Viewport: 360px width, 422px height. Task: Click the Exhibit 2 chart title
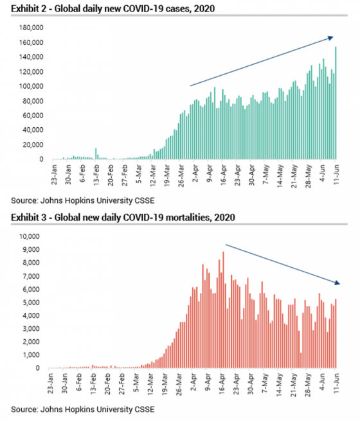point(113,8)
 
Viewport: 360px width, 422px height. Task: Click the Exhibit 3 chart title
point(123,218)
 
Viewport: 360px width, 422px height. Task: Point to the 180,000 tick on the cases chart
point(31,28)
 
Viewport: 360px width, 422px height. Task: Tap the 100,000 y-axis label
point(31,87)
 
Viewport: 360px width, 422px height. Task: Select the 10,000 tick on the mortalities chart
point(29,236)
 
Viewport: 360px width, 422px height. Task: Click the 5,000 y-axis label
point(31,303)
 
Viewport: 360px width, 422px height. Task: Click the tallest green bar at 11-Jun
point(336,103)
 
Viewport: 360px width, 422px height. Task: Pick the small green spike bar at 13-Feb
point(96,154)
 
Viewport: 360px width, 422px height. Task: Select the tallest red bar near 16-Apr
point(223,310)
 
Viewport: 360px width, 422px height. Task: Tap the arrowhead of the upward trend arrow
point(331,38)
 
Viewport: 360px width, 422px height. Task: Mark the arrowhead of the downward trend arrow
point(337,283)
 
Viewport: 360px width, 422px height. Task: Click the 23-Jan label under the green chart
point(54,175)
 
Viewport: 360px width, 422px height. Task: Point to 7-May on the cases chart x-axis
point(266,175)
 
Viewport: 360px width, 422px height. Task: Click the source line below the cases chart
point(83,201)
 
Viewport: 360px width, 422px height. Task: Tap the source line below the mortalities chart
point(83,410)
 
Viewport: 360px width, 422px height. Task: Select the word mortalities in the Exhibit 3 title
point(188,218)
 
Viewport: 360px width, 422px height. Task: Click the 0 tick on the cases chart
point(41,159)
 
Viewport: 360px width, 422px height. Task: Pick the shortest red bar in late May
point(301,360)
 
